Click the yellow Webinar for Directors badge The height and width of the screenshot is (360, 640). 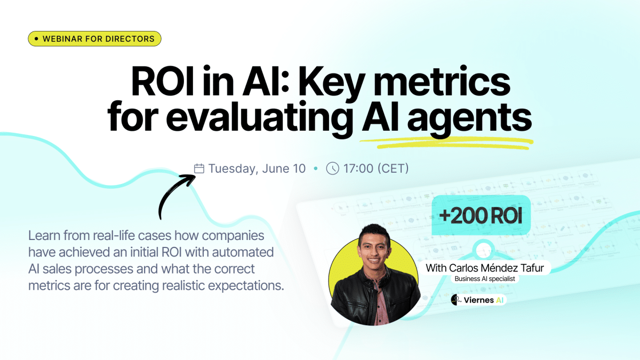(x=94, y=38)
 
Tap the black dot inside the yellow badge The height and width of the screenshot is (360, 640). (x=36, y=38)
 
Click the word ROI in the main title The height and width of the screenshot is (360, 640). (x=162, y=82)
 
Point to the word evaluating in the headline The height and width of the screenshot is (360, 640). (x=259, y=117)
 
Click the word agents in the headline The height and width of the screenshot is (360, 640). (x=469, y=118)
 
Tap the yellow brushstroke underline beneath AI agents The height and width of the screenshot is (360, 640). (x=446, y=143)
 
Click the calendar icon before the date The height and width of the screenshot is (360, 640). (x=199, y=169)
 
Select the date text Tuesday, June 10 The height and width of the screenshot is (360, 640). (x=257, y=169)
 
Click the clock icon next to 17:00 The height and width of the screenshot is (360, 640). (x=333, y=169)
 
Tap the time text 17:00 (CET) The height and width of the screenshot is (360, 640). (x=376, y=169)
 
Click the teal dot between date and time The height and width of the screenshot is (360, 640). (x=316, y=169)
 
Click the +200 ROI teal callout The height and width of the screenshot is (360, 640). (x=481, y=215)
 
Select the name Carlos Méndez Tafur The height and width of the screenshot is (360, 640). (x=496, y=268)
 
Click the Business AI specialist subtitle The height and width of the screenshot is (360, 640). (x=485, y=279)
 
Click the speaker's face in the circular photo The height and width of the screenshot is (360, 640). (x=374, y=252)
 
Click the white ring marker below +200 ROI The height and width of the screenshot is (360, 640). (x=483, y=250)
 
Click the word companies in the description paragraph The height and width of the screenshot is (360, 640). (x=233, y=236)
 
